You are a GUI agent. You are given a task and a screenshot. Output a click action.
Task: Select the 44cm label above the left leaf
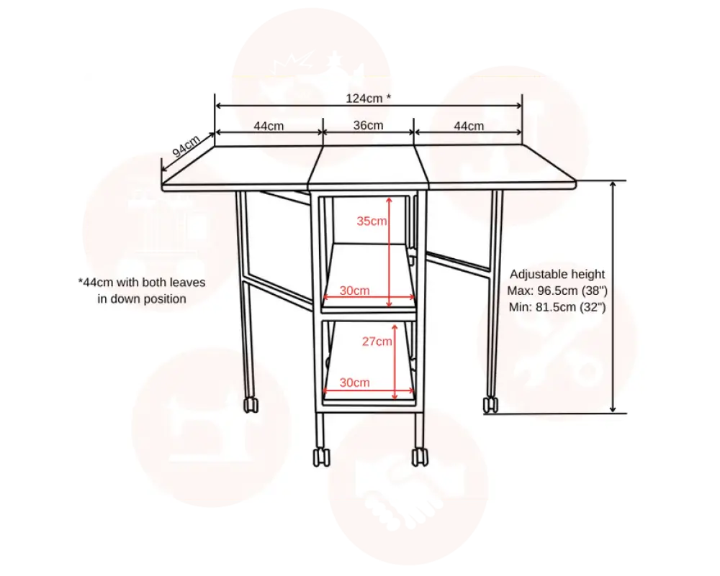tap(269, 125)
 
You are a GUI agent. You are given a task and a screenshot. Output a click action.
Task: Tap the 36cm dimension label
tap(368, 125)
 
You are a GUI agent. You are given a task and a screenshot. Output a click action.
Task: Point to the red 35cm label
tap(372, 221)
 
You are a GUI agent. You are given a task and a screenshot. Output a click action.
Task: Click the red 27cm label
tap(377, 342)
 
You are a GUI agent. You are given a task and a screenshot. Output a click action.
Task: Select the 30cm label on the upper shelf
tap(354, 291)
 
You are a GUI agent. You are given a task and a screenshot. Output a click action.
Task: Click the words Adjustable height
tap(557, 274)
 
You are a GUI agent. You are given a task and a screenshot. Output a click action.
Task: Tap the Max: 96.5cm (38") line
tap(557, 291)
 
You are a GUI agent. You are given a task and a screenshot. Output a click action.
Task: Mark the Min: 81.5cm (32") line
tap(557, 307)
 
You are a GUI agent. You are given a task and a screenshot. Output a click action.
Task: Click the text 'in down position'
tap(142, 298)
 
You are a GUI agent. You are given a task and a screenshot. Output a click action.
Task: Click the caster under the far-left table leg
tap(251, 405)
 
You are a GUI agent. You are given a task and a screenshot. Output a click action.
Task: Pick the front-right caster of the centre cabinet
tap(418, 457)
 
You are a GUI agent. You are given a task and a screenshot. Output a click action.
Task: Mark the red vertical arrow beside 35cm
tap(389, 251)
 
